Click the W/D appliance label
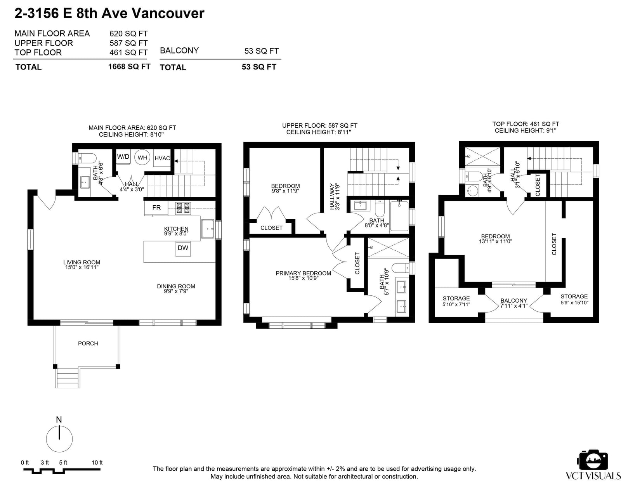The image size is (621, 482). coord(123,156)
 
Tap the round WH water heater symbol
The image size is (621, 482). coord(142,158)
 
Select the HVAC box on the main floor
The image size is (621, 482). coord(162,158)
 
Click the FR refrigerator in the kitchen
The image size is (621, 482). coord(156,208)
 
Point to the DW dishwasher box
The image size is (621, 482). coord(183,249)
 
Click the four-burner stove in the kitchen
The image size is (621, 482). coord(183,208)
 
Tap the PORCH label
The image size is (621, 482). coord(88,343)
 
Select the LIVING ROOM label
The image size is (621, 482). coord(82,262)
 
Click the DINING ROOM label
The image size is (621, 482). coord(176,286)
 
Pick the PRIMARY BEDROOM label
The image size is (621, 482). coord(303,274)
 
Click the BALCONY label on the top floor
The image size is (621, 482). coord(513,301)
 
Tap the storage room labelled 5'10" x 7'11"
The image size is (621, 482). coord(456,302)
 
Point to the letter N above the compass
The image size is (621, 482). coord(59,420)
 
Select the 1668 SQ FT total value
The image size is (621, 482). coord(129,67)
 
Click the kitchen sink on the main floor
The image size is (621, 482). coord(208,229)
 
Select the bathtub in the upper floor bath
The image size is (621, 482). coord(399,216)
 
